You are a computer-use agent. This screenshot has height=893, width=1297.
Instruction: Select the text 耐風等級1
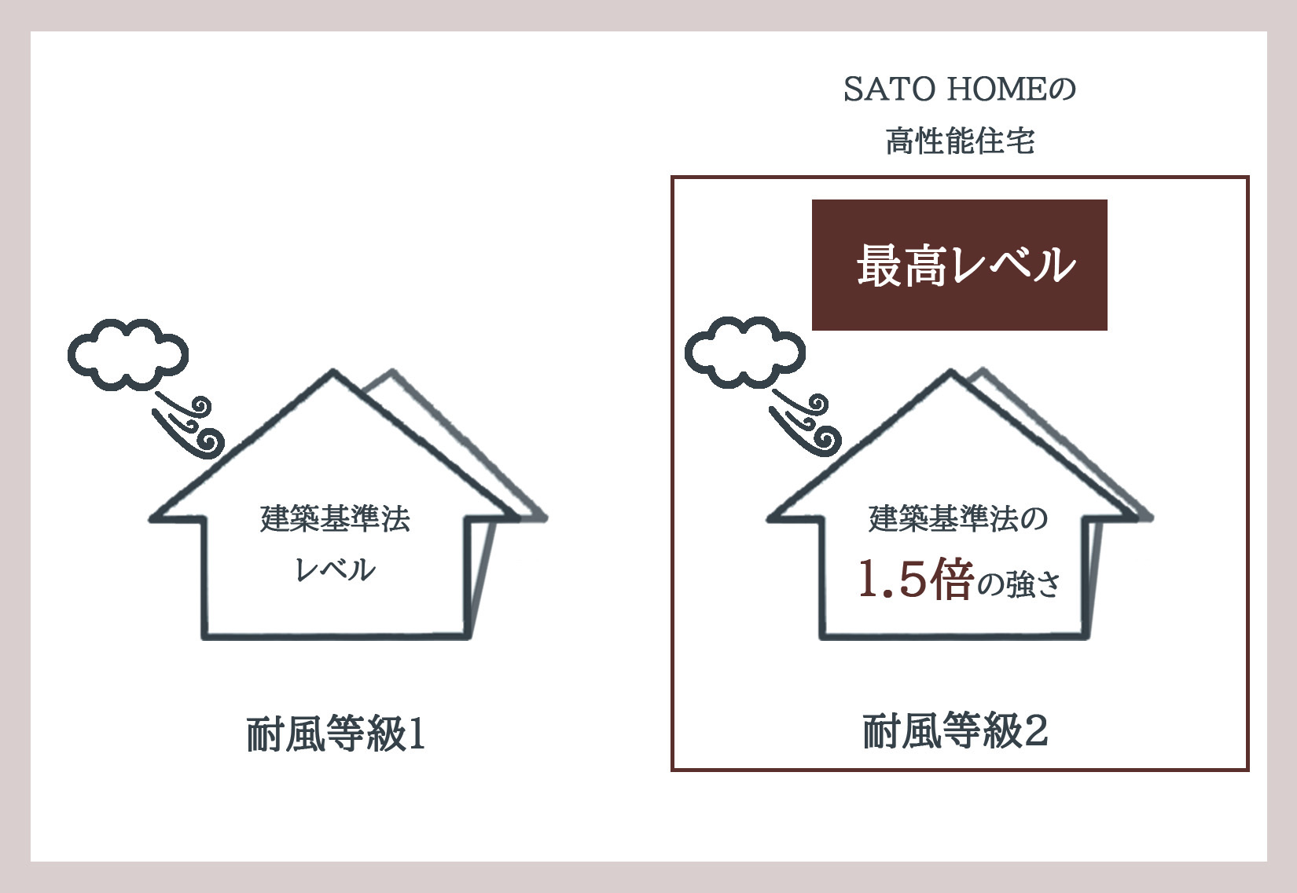(336, 734)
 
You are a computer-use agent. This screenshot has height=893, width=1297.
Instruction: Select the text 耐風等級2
(955, 732)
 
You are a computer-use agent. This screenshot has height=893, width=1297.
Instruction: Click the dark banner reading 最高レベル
(960, 265)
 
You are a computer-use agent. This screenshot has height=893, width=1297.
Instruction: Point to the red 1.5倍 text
(915, 578)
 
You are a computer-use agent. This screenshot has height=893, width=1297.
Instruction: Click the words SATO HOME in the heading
(946, 90)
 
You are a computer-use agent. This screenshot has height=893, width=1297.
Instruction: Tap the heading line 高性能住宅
(960, 141)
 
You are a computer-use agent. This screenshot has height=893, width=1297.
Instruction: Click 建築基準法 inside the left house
(335, 518)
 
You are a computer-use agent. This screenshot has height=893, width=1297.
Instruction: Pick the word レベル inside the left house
(335, 569)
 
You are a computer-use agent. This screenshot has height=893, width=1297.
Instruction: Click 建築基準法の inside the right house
(958, 518)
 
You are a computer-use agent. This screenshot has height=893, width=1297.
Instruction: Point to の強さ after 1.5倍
(1019, 584)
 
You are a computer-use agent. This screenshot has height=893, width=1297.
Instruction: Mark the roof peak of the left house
(333, 371)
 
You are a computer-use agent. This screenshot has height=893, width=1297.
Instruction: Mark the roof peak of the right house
(951, 371)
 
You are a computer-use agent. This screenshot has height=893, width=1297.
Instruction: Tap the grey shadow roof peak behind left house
(392, 371)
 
